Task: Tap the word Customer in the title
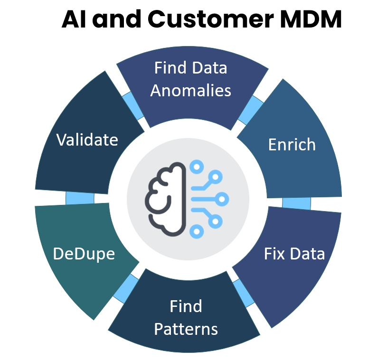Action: coord(193,20)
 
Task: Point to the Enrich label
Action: coord(292,144)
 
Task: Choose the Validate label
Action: coord(87,139)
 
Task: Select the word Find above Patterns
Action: coord(186,306)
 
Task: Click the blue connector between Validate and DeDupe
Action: coord(79,198)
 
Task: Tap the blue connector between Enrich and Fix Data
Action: coord(296,203)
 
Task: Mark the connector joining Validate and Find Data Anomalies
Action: coord(133,106)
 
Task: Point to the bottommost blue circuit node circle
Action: coord(196,231)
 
